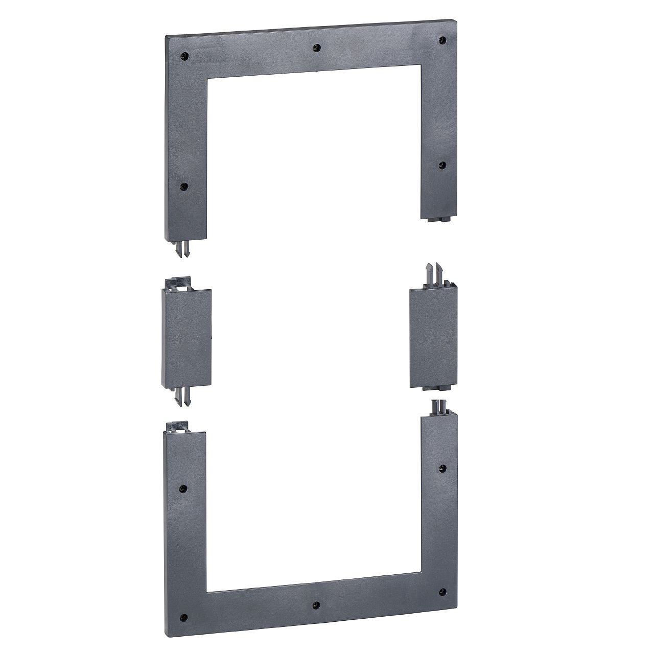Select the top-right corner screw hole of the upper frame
pyautogui.click(x=442, y=40)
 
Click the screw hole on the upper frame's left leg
pyautogui.click(x=184, y=186)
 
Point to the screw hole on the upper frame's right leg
pyautogui.click(x=442, y=165)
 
